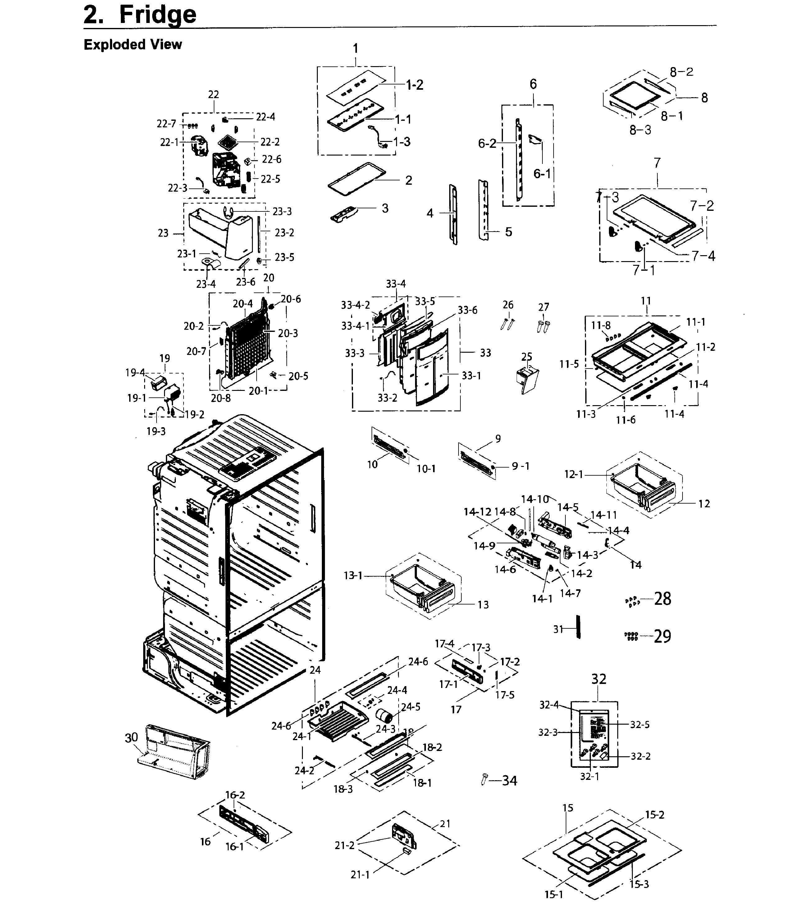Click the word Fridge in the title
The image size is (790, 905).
(x=158, y=15)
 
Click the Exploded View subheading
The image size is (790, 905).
(x=132, y=44)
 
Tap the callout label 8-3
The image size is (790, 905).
(x=640, y=130)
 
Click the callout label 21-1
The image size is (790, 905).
(x=360, y=875)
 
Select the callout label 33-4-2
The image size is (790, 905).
(x=355, y=305)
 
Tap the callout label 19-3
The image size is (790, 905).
(x=156, y=431)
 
